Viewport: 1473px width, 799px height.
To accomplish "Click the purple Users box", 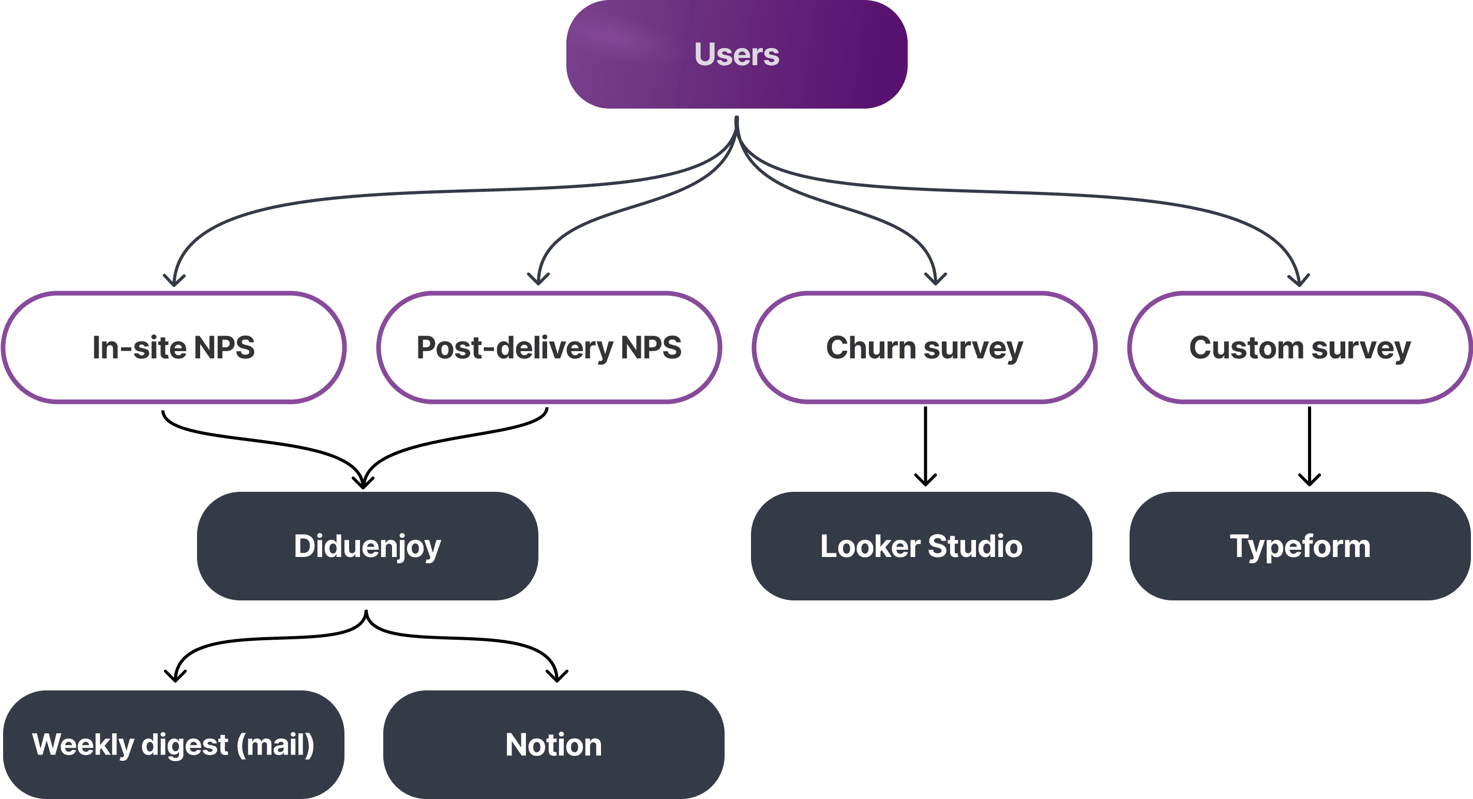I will (736, 54).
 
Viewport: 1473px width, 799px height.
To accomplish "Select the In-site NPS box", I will (173, 347).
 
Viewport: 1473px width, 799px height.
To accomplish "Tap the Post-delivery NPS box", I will (549, 347).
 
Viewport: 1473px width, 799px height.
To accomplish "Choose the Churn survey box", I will (924, 347).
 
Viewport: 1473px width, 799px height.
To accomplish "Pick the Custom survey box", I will (1300, 347).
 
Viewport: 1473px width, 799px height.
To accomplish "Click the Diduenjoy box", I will (367, 546).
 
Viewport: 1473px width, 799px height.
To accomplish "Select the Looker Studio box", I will (921, 546).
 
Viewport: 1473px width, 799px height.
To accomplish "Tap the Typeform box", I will (1300, 546).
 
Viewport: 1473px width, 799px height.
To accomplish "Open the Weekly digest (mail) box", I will (173, 744).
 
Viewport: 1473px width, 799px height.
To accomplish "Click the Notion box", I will (553, 744).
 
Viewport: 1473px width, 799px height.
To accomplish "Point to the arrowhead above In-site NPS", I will (174, 280).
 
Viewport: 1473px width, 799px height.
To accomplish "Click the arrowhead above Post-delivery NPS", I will (538, 279).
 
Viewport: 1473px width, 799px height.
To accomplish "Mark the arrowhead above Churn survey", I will (936, 279).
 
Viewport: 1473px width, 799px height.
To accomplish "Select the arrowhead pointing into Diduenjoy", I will (363, 482).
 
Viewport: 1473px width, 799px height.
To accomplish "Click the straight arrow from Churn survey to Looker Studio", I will (925, 446).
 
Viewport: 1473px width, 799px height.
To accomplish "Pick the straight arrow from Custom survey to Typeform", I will (1310, 446).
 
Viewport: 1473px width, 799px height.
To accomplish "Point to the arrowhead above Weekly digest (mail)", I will (175, 676).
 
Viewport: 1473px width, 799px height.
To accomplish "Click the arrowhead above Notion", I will (557, 676).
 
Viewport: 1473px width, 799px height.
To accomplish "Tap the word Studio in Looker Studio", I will (975, 546).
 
